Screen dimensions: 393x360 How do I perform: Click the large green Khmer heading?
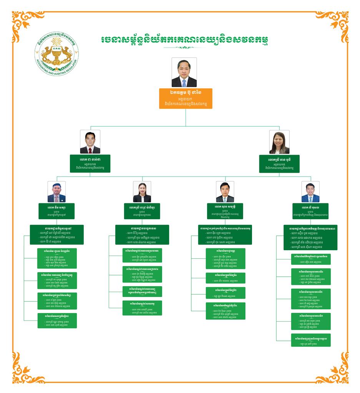(x=184, y=40)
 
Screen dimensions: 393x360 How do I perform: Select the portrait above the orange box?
(x=184, y=73)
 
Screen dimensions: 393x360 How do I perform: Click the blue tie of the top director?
(x=184, y=83)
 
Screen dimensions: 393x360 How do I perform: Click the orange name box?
(x=186, y=98)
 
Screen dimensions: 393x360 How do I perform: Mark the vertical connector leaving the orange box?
(x=186, y=117)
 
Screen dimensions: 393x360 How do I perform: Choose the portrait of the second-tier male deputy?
(x=90, y=142)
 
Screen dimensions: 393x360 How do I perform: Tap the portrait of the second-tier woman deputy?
(x=279, y=142)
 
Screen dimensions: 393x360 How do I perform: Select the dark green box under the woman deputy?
(x=279, y=163)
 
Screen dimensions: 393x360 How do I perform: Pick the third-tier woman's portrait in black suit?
(x=142, y=192)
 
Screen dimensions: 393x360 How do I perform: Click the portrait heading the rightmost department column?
(x=310, y=192)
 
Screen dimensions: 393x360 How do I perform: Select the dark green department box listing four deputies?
(x=310, y=238)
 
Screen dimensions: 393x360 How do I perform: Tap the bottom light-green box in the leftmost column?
(x=57, y=320)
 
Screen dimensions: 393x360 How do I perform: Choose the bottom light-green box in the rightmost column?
(x=310, y=340)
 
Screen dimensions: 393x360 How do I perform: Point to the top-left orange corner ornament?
(x=22, y=21)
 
